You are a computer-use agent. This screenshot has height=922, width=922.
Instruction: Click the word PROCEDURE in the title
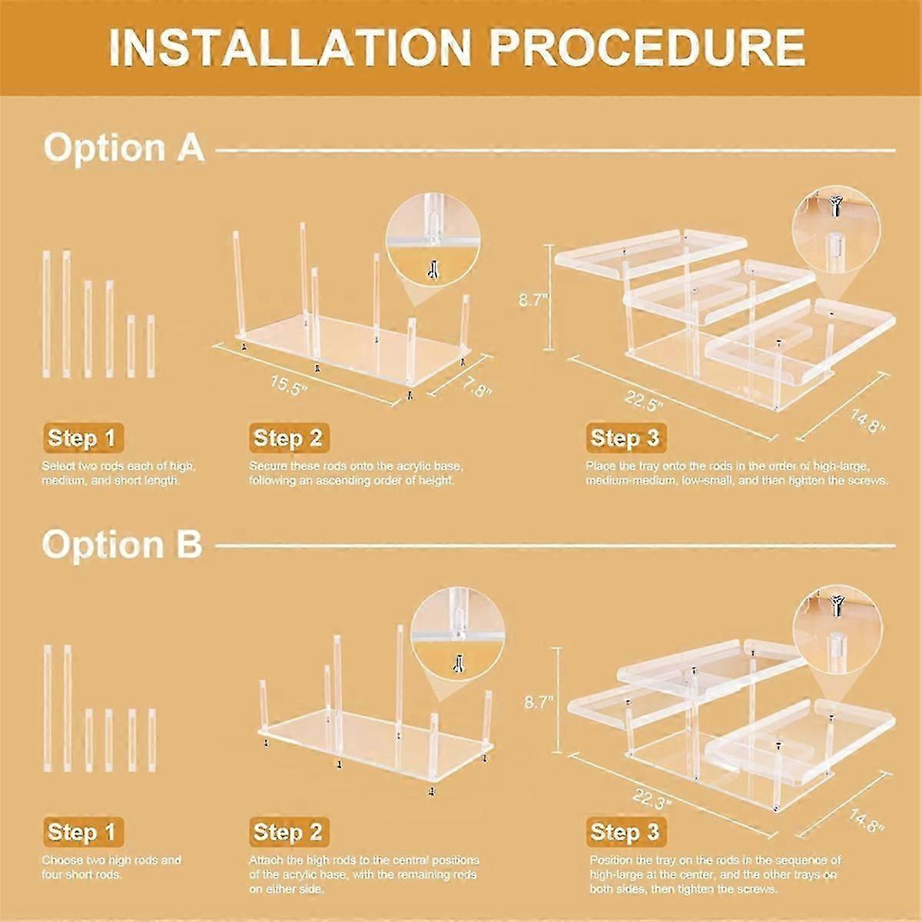(x=647, y=48)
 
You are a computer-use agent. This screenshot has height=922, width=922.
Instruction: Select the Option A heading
(x=124, y=147)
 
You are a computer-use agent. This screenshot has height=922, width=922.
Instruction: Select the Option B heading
(x=122, y=543)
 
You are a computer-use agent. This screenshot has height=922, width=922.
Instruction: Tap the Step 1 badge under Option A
(x=81, y=438)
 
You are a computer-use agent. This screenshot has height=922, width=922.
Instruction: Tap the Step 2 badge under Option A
(x=287, y=438)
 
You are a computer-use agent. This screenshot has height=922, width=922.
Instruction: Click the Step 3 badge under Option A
(x=625, y=438)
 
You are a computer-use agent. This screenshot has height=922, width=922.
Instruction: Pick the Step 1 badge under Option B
(x=81, y=831)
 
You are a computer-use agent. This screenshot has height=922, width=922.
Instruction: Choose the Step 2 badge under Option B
(x=287, y=831)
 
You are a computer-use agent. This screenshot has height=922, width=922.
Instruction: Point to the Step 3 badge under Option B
(x=625, y=831)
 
